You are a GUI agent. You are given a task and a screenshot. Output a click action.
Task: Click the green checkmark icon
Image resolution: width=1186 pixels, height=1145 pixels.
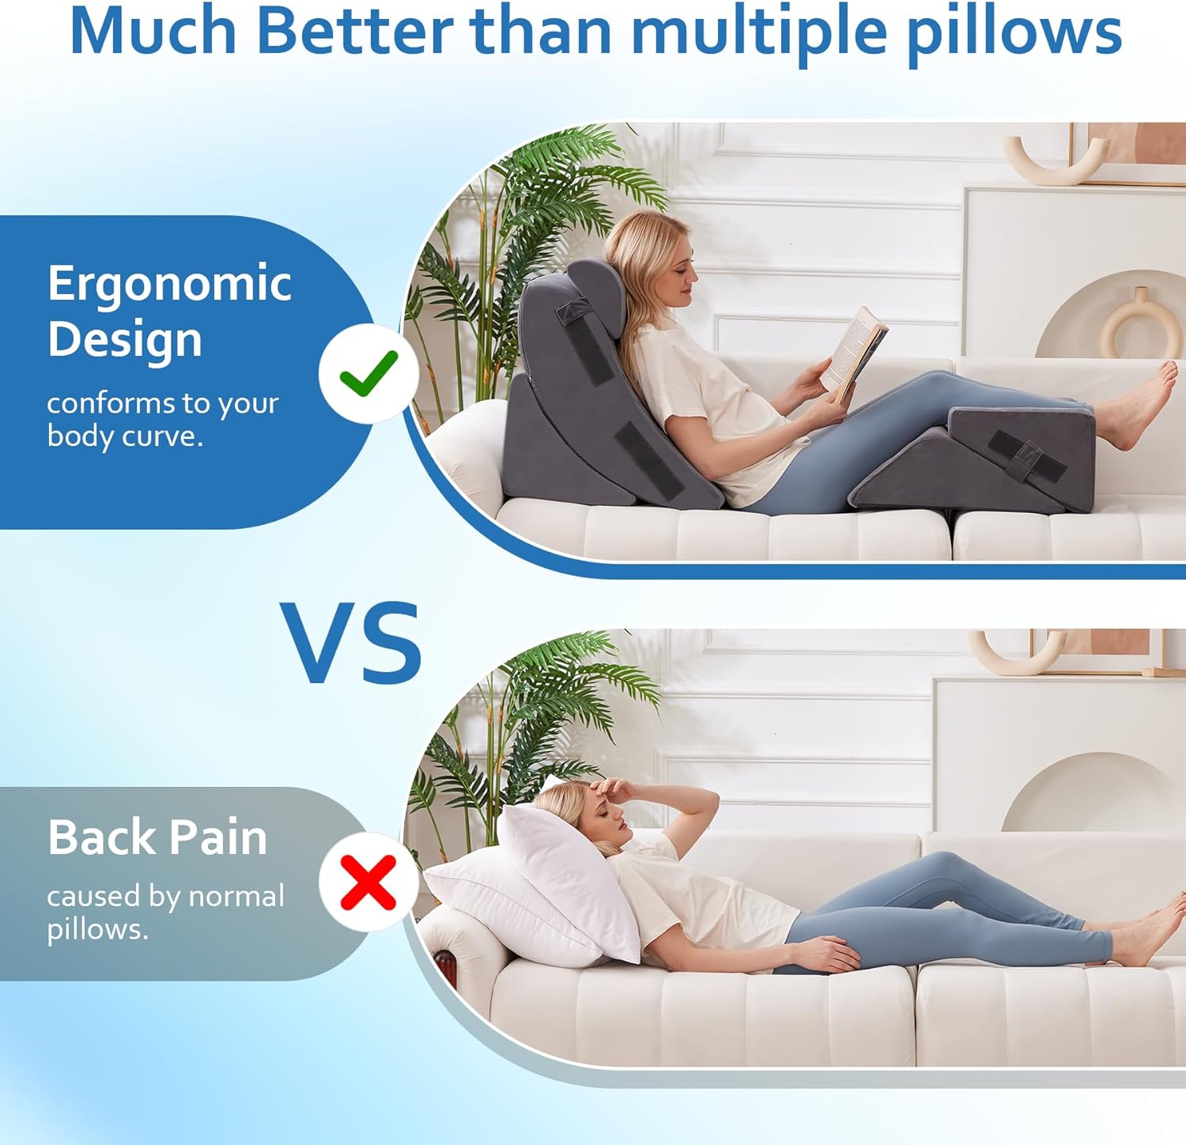(x=368, y=372)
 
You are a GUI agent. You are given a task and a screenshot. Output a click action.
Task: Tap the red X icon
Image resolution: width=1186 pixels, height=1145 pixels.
(x=368, y=882)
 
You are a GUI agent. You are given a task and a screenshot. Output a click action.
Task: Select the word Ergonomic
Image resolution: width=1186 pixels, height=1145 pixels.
(x=169, y=285)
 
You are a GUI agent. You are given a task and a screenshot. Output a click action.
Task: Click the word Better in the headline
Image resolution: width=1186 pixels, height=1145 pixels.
(x=354, y=32)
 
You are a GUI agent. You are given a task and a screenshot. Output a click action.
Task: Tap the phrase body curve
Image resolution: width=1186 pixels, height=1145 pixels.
(x=125, y=436)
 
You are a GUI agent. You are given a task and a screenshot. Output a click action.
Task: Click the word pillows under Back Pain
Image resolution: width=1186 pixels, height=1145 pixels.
(x=97, y=930)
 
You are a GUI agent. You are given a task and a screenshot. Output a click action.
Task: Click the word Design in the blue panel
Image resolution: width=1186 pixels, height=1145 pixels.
(x=125, y=341)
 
